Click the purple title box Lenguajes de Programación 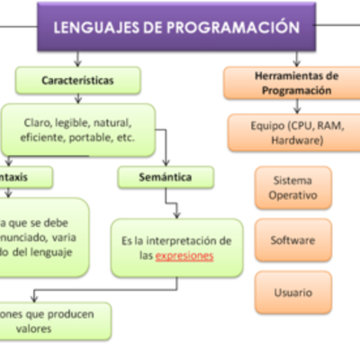tap(176, 26)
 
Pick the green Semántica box tap(166, 176)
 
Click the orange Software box tap(292, 240)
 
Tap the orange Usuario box tap(292, 292)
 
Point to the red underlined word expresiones tap(184, 256)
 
